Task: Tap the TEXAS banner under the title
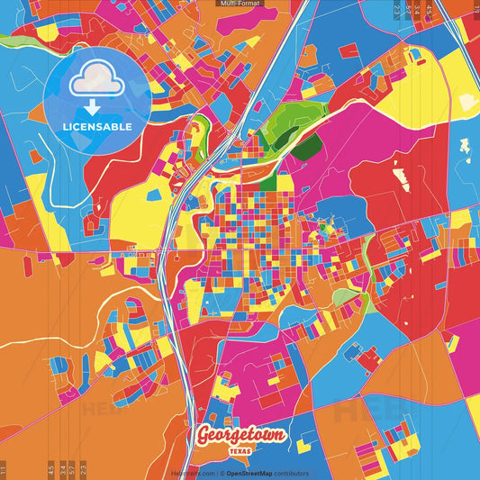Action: (241, 451)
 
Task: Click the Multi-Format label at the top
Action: (240, 4)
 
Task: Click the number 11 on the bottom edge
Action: (4, 469)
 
